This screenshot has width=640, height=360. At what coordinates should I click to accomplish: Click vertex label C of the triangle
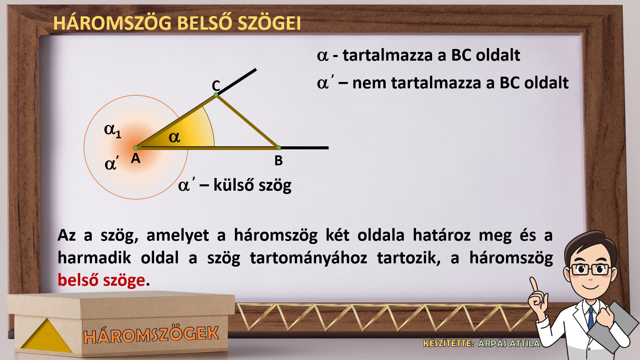[216, 86]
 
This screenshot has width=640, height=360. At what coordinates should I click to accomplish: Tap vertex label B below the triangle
[278, 161]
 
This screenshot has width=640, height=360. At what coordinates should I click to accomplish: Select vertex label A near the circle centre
[135, 159]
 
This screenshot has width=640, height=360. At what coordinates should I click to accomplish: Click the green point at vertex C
[216, 95]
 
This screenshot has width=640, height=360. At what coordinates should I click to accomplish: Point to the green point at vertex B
[279, 148]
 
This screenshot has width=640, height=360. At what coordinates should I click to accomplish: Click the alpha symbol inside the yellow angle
[174, 137]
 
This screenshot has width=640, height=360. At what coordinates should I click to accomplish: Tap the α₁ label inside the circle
[113, 131]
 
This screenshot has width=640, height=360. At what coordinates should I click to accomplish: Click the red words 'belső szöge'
[101, 280]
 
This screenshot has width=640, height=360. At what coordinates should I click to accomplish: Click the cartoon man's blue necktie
[591, 317]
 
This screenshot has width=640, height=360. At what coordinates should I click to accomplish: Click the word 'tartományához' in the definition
[309, 258]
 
